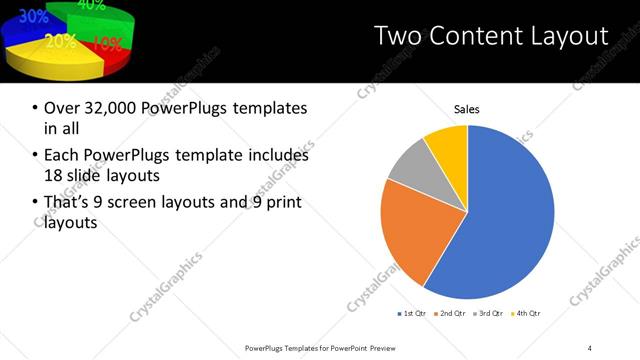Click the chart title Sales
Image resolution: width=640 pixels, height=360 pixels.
pyautogui.click(x=467, y=108)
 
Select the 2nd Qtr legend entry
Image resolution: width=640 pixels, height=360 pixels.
pyautogui.click(x=450, y=314)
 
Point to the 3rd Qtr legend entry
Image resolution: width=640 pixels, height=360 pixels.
pyautogui.click(x=490, y=314)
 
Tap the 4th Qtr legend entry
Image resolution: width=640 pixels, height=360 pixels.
pyautogui.click(x=528, y=314)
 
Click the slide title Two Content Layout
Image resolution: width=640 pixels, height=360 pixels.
pyautogui.click(x=490, y=37)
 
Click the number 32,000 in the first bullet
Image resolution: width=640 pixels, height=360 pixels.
pyautogui.click(x=107, y=108)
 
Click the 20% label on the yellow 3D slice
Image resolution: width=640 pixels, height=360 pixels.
pyautogui.click(x=60, y=42)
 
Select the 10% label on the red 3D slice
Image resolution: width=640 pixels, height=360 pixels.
pyautogui.click(x=108, y=44)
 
